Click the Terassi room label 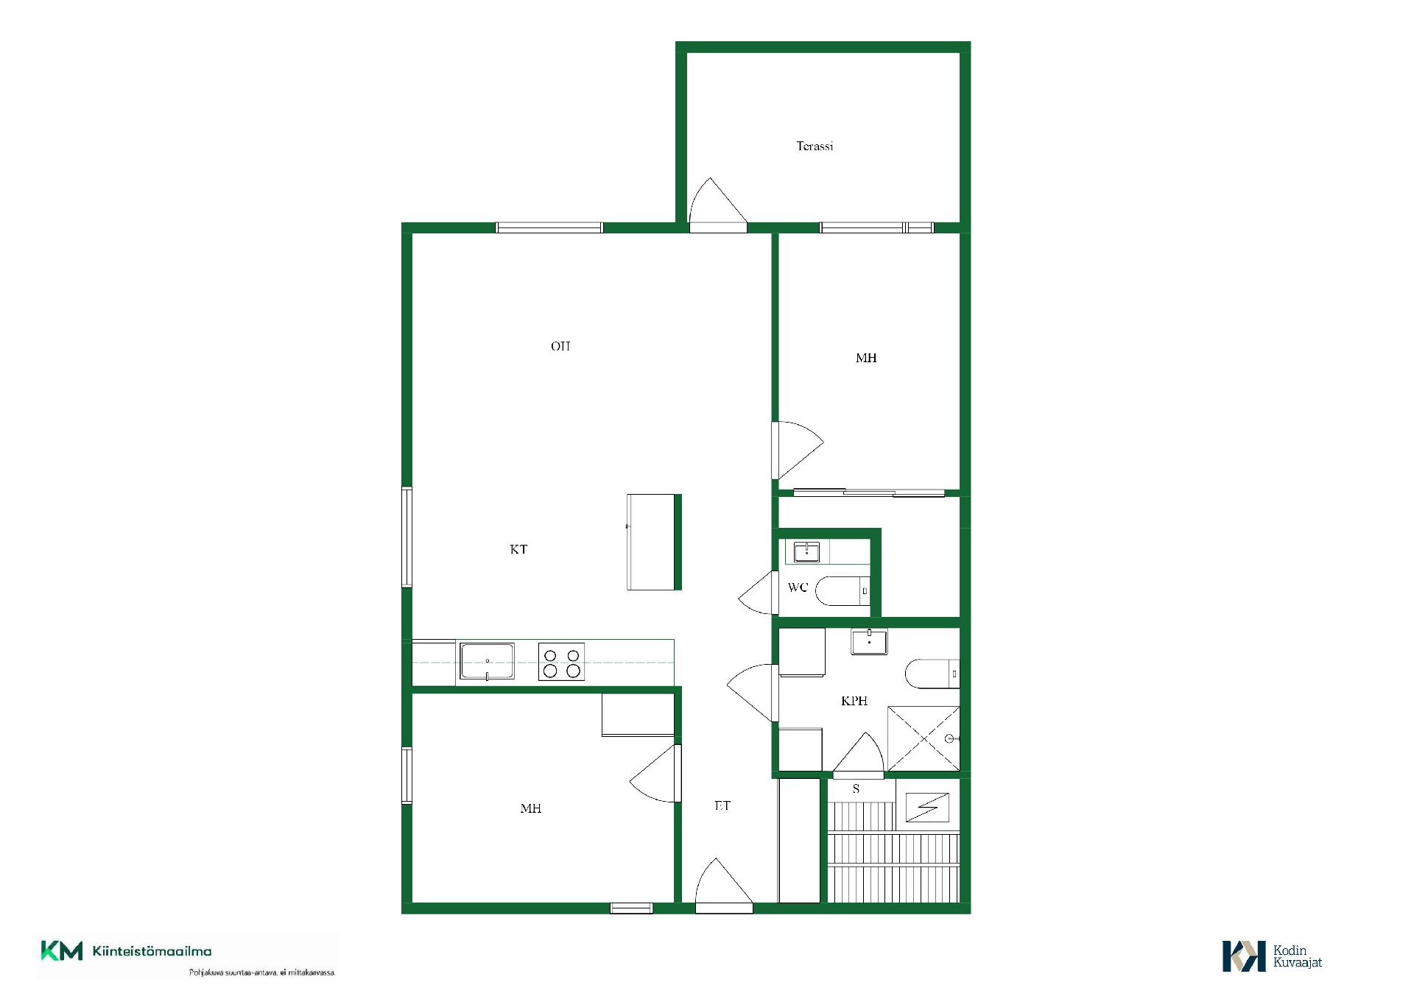[x=815, y=146]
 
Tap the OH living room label [x=560, y=346]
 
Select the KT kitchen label [x=518, y=549]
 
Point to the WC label [x=798, y=587]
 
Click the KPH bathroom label [x=854, y=701]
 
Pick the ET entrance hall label [x=722, y=805]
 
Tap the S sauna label [x=856, y=788]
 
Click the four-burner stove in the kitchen [x=561, y=661]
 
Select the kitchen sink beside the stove [x=487, y=661]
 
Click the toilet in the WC [x=843, y=590]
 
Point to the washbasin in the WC [x=806, y=551]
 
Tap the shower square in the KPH [x=924, y=738]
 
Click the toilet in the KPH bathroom [x=932, y=674]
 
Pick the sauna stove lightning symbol [x=927, y=808]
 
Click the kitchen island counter [x=654, y=542]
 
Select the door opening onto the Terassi [x=718, y=205]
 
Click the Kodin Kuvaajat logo [x=1273, y=956]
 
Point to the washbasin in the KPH [x=869, y=641]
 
